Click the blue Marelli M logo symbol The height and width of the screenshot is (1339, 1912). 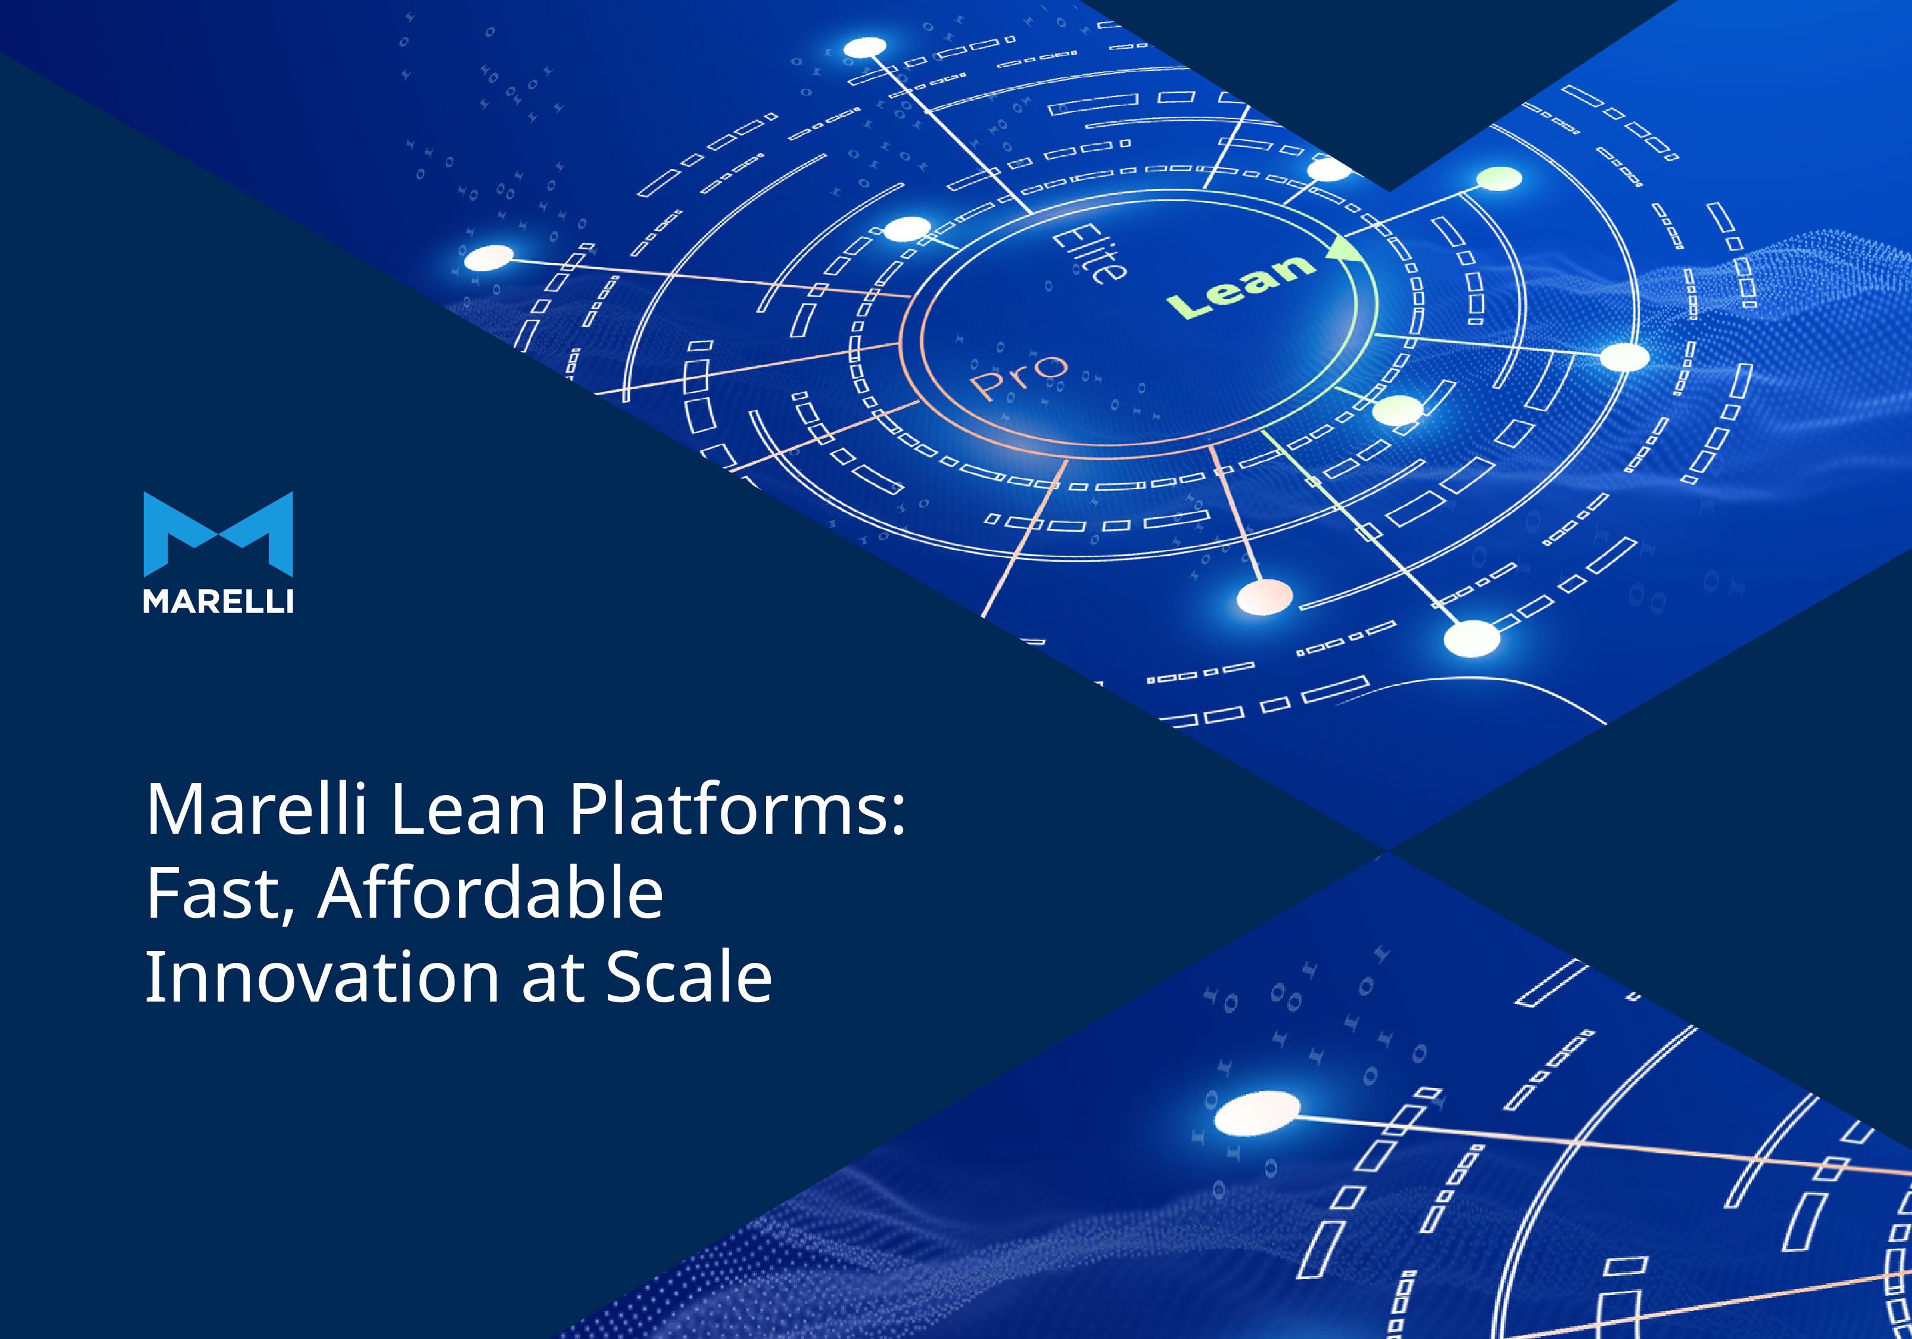pyautogui.click(x=218, y=534)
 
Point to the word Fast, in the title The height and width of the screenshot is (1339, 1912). pyautogui.click(x=220, y=893)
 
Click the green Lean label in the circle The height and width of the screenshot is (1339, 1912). pyautogui.click(x=1241, y=286)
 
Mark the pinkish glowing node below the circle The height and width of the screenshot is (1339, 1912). pyautogui.click(x=1265, y=596)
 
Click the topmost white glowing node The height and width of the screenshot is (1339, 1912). pyautogui.click(x=865, y=48)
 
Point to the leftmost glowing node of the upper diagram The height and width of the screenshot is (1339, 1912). pyautogui.click(x=489, y=258)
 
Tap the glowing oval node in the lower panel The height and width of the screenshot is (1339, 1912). pyautogui.click(x=1257, y=1113)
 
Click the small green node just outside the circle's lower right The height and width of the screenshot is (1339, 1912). pyautogui.click(x=1398, y=411)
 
